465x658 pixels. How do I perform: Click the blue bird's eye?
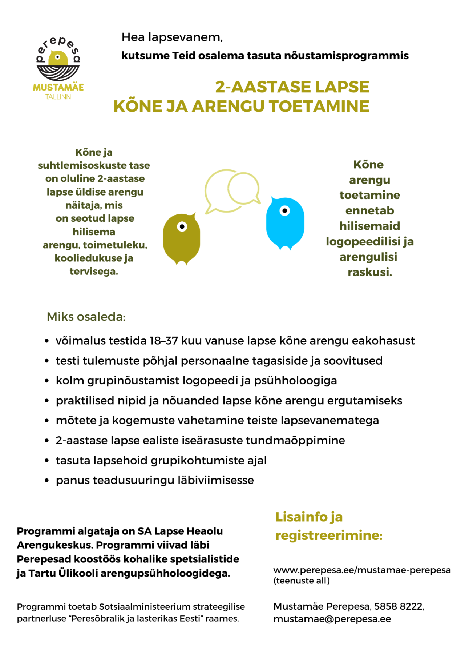tap(285, 210)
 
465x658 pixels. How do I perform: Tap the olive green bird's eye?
tap(182, 227)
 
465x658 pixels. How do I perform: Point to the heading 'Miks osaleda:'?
tap(86, 317)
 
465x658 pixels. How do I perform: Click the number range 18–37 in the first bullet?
tap(164, 341)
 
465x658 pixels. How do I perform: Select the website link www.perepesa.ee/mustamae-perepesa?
tap(362, 570)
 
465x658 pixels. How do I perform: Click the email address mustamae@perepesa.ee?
tap(332, 619)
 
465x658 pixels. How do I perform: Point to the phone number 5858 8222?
tap(399, 606)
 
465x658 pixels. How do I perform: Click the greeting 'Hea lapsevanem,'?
tap(172, 37)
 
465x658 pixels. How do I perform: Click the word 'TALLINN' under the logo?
tap(58, 97)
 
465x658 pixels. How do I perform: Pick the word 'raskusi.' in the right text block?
tap(370, 272)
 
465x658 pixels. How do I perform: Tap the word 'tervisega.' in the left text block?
tap(94, 272)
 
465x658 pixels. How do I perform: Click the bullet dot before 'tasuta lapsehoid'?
tap(47, 461)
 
